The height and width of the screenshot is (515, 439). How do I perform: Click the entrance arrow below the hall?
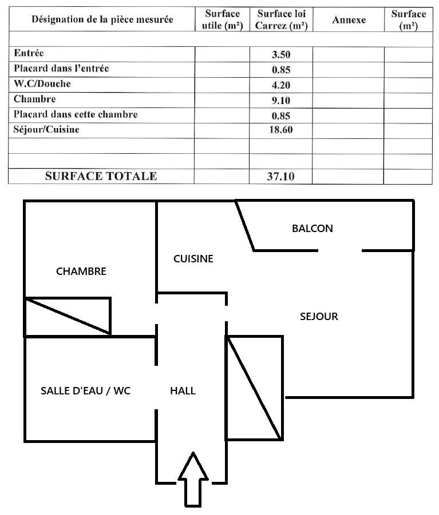pyautogui.click(x=193, y=479)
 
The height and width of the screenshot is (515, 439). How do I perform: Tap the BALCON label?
pyautogui.click(x=313, y=228)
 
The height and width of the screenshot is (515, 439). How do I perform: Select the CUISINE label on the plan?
pyautogui.click(x=193, y=259)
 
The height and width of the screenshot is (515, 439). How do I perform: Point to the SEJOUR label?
pyautogui.click(x=319, y=316)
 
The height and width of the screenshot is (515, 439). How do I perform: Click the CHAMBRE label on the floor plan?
pyautogui.click(x=81, y=272)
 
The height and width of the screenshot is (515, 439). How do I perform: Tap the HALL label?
pyautogui.click(x=183, y=391)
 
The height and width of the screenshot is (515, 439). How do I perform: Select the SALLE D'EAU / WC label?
pyautogui.click(x=85, y=391)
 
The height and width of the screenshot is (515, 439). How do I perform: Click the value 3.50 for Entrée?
pyautogui.click(x=281, y=54)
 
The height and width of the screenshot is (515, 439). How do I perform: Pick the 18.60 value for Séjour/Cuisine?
pyautogui.click(x=281, y=130)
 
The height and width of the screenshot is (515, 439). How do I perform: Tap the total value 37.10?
pyautogui.click(x=280, y=177)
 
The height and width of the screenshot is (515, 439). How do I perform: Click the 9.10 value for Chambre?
pyautogui.click(x=281, y=101)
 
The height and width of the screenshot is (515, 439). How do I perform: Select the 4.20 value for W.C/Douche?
pyautogui.click(x=281, y=85)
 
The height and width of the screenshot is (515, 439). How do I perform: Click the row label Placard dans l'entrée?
pyautogui.click(x=61, y=69)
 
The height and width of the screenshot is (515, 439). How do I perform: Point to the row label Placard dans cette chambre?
pyautogui.click(x=76, y=114)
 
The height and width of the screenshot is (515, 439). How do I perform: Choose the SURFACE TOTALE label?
pyautogui.click(x=101, y=176)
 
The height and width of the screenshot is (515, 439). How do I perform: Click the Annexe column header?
pyautogui.click(x=349, y=19)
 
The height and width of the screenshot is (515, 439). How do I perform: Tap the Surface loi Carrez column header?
pyautogui.click(x=282, y=19)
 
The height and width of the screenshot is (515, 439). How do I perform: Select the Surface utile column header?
pyautogui.click(x=222, y=19)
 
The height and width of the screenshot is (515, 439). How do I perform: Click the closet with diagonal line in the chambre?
pyautogui.click(x=68, y=317)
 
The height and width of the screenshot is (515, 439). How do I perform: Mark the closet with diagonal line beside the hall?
pyautogui.click(x=254, y=388)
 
